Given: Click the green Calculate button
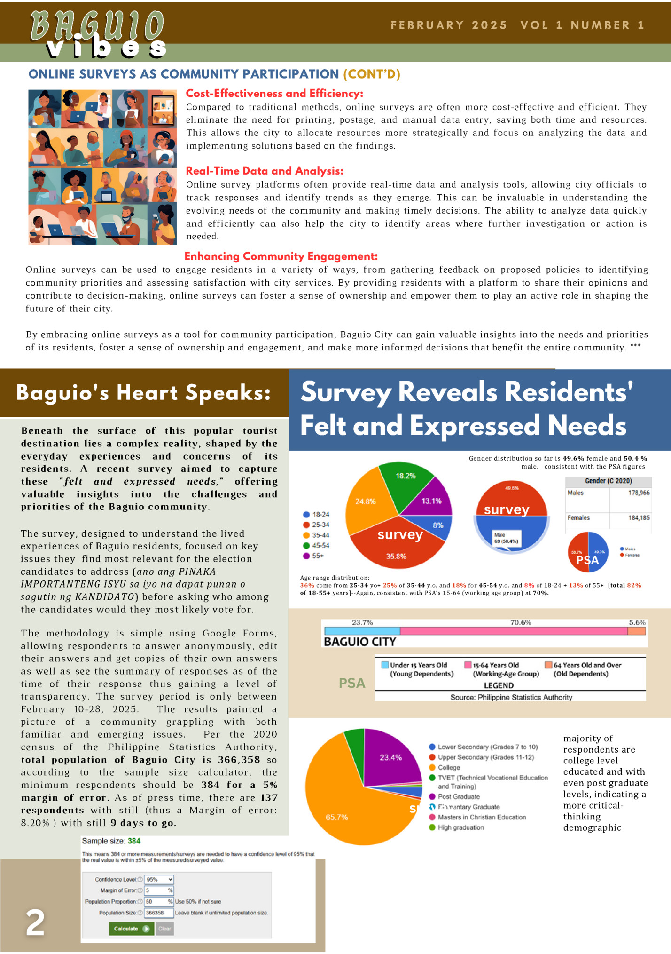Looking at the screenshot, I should tap(131, 929).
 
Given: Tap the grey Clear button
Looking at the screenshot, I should tap(164, 929).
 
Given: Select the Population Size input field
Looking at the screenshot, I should tap(159, 913).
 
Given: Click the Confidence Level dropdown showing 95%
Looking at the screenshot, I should tap(159, 879).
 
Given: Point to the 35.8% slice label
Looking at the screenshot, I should tap(396, 556).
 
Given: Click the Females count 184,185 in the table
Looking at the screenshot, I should tap(639, 517).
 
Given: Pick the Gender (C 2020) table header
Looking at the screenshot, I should tap(608, 481).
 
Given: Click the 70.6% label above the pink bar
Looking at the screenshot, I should tap(521, 622).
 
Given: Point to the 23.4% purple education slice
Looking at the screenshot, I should tap(390, 757).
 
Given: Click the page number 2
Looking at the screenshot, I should tap(35, 922).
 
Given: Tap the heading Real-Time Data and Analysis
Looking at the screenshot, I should tap(265, 171).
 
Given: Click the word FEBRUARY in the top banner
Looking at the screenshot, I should tap(427, 25).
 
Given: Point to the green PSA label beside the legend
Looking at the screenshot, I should tap(352, 683).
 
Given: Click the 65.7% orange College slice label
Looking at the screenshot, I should tap(336, 817).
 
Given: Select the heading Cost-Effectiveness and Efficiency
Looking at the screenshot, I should tap(274, 93).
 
